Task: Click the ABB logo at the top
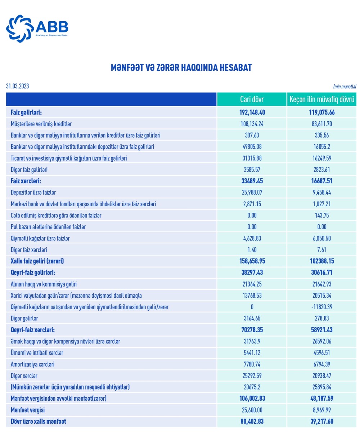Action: click(37, 28)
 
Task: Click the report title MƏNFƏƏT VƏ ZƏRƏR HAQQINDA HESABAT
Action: click(181, 68)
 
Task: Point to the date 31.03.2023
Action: click(18, 86)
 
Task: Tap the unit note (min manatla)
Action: click(345, 86)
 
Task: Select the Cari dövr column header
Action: click(252, 100)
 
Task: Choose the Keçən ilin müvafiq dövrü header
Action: click(322, 100)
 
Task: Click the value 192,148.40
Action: click(252, 112)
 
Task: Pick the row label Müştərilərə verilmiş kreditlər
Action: click(41, 124)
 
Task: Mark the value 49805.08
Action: click(252, 147)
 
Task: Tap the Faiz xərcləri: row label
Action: click(26, 181)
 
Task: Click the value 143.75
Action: click(322, 215)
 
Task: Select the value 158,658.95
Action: click(252, 261)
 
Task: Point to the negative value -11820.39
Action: click(322, 307)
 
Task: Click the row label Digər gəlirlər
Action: click(24, 319)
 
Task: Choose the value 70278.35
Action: click(252, 330)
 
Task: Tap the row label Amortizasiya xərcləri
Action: click(33, 364)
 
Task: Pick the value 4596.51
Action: click(322, 353)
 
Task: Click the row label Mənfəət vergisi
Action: click(28, 410)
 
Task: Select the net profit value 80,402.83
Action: click(252, 421)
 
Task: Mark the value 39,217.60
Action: click(322, 421)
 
